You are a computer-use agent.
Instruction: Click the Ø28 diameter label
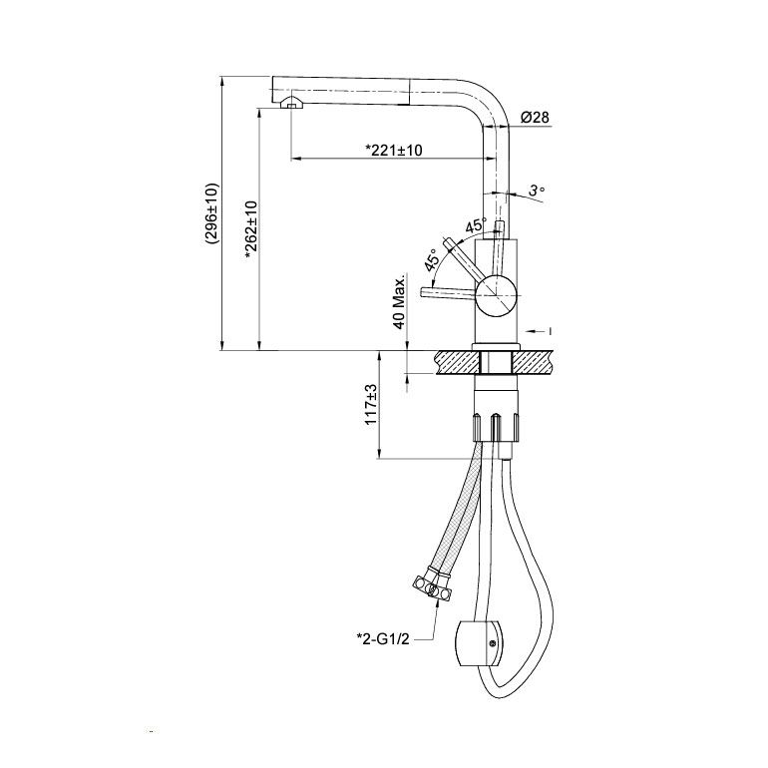pos(536,118)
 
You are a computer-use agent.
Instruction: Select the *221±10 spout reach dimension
pos(394,150)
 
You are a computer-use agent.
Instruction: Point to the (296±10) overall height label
pos(212,213)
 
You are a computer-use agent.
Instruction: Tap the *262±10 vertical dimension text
pos(250,231)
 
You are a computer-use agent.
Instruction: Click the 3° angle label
pos(537,191)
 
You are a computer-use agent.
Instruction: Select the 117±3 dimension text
pos(372,405)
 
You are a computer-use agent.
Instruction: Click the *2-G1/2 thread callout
pos(383,638)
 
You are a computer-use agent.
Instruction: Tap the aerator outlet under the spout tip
pos(291,103)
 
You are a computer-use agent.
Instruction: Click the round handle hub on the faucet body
pos(496,294)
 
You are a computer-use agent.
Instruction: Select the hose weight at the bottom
pos(478,643)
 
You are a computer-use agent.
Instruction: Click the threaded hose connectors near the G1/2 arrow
pos(432,583)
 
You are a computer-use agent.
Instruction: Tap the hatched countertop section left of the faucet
pos(457,362)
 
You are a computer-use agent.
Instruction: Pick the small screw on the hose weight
pos(493,643)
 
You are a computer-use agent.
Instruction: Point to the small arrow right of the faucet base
pos(540,331)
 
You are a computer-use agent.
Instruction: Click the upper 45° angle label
pos(475,225)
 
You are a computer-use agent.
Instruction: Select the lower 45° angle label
pos(432,260)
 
